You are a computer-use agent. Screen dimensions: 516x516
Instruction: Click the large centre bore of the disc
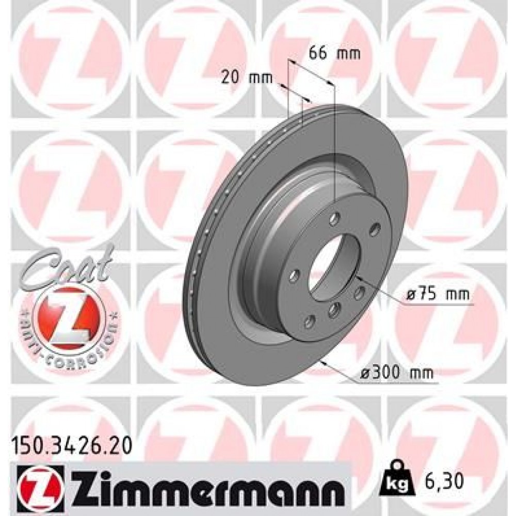[335, 268]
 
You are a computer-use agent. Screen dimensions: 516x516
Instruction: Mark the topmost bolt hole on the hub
[335, 216]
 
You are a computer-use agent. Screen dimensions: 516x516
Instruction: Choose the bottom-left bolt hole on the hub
[309, 322]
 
